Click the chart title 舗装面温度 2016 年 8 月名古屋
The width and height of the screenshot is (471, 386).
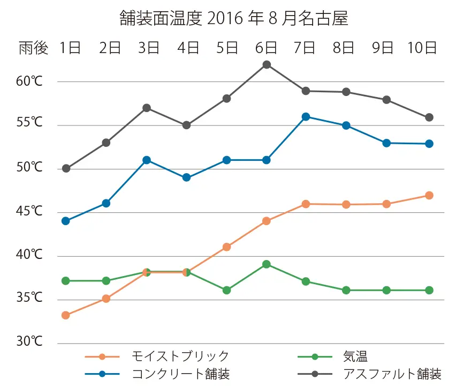(x=234, y=19)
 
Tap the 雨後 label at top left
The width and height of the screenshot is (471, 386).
(x=33, y=48)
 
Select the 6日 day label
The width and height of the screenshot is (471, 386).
(x=266, y=48)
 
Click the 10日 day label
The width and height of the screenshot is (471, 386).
(x=422, y=48)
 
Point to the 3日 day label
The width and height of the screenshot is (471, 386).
(x=149, y=48)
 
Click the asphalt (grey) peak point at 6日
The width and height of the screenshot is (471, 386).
(x=267, y=65)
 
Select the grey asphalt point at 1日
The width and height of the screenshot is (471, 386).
(x=66, y=168)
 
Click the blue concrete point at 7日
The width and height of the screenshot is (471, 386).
(x=306, y=117)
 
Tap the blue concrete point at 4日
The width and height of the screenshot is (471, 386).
(x=186, y=177)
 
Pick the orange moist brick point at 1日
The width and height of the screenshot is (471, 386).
(x=66, y=315)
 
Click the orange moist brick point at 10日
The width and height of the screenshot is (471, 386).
(x=429, y=195)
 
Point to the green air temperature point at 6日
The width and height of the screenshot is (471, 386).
(x=267, y=264)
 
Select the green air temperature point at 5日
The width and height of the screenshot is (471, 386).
(x=226, y=290)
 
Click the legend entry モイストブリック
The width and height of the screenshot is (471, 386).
(x=180, y=356)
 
